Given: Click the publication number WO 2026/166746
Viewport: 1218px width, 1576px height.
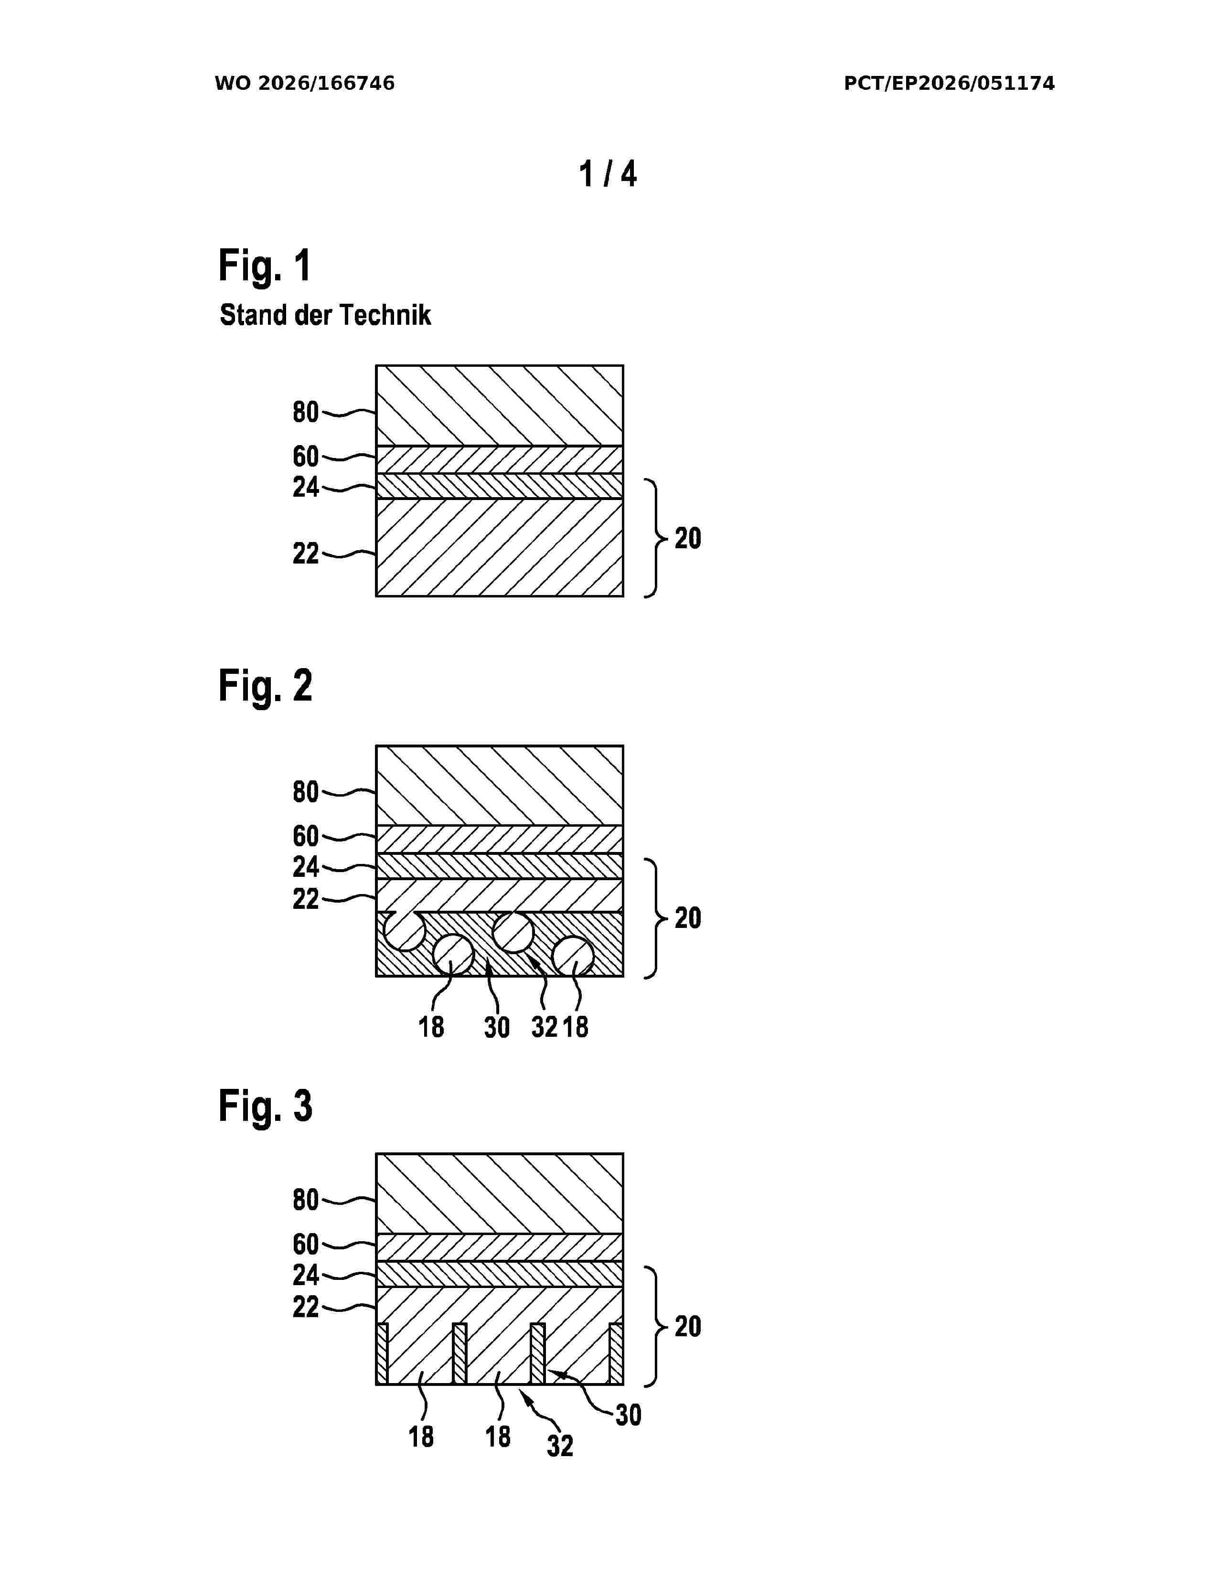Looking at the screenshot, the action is click(305, 84).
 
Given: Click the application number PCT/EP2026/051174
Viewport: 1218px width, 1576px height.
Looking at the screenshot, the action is click(949, 84).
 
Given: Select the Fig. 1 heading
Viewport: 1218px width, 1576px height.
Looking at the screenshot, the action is click(265, 266).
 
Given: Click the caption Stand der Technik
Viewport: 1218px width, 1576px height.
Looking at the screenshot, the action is click(325, 315).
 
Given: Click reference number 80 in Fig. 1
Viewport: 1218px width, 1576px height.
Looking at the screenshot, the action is click(305, 412).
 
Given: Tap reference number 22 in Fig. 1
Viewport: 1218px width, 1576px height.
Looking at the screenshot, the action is click(305, 554).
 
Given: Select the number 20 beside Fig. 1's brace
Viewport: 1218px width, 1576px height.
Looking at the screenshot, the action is click(688, 538).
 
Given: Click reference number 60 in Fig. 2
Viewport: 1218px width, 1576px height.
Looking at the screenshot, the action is click(305, 836).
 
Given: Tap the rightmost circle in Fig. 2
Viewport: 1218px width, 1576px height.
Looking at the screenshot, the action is click(573, 956).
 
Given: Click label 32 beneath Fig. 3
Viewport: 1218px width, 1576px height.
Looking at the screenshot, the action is click(560, 1446).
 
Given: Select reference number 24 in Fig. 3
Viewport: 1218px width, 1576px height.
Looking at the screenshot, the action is click(305, 1275).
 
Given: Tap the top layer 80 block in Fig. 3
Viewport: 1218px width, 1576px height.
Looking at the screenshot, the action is click(499, 1193).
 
